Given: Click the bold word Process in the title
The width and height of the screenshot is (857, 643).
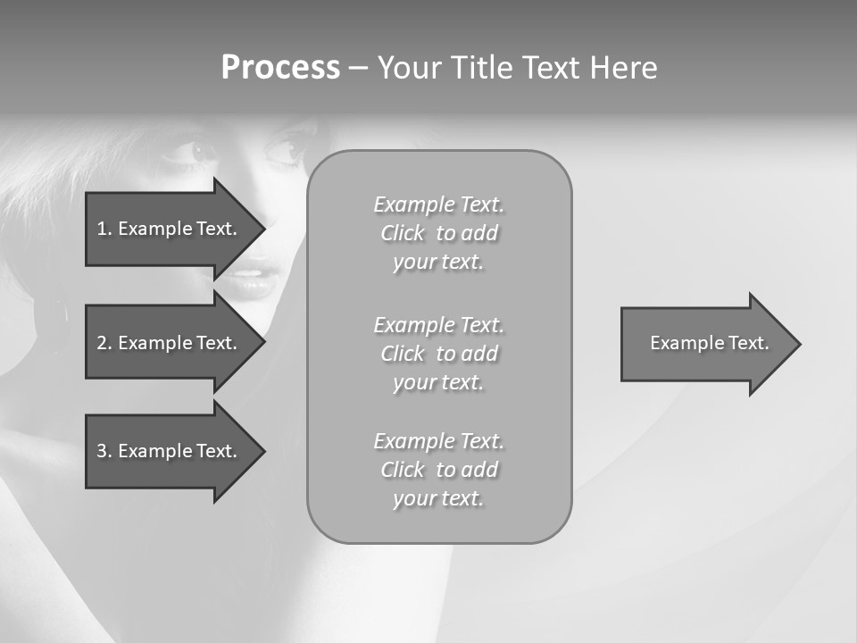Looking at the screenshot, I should pos(280,68).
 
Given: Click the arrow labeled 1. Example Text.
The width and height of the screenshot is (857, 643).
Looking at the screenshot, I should pos(170,229).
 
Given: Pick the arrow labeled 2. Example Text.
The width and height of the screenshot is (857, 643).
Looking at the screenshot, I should pos(170,343).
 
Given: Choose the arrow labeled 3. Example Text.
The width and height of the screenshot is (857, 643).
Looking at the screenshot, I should pos(170,451).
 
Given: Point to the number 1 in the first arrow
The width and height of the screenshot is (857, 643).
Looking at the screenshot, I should pos(102,229).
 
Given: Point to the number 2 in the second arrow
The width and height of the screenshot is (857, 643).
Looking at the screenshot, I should pos(102,343).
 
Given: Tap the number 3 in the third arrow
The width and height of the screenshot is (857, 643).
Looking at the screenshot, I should pos(102,451).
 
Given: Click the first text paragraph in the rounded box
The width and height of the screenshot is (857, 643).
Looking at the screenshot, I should pos(438,233).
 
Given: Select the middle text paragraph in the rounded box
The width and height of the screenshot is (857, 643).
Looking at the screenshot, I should pos(438,353).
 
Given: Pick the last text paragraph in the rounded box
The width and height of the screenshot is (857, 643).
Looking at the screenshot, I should pos(438,470).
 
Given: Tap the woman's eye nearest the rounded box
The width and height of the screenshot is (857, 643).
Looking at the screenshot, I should pos(286,148).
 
